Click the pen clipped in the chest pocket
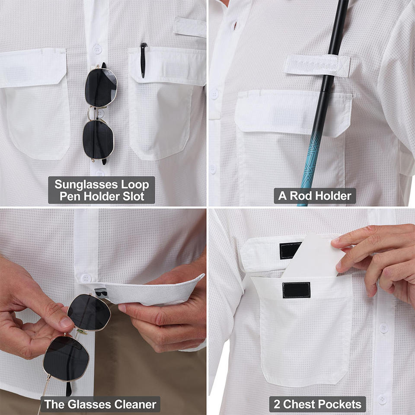143,61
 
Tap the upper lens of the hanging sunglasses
101,87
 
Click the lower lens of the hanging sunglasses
98,139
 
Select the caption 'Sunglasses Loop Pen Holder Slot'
102,190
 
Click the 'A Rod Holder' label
315,196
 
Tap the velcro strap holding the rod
317,65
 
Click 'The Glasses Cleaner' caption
100,404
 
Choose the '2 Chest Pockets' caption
318,404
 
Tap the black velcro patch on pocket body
297,290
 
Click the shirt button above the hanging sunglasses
97,49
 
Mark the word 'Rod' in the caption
301,196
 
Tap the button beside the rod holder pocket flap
214,94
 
